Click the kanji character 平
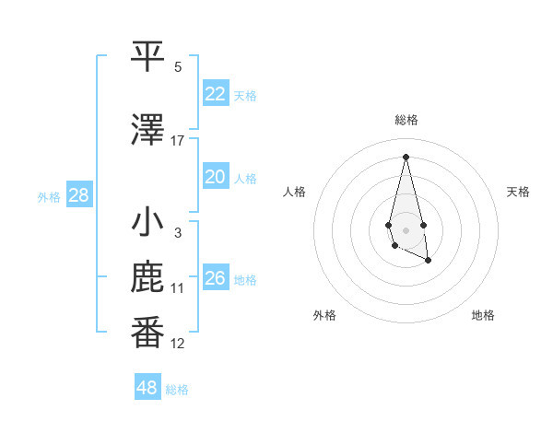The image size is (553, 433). tap(148, 57)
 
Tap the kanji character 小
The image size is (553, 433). tap(148, 223)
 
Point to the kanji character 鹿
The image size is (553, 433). tap(148, 279)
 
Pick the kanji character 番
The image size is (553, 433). tap(148, 334)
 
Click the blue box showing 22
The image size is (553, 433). tap(216, 94)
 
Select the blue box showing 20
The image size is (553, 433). tap(216, 177)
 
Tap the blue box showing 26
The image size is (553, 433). tap(216, 278)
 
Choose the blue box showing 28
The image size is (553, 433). tap(78, 195)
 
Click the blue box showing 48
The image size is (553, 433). tap(147, 388)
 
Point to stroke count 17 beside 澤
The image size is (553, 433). tap(178, 141)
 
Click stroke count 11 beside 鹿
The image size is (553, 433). tap(178, 288)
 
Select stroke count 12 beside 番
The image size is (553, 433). tap(178, 344)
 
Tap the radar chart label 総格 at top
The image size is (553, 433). tap(406, 120)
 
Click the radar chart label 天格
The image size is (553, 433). tap(519, 192)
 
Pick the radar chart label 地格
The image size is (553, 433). tap(483, 315)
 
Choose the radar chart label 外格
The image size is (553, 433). tap(324, 315)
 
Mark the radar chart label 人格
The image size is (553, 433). tap(295, 192)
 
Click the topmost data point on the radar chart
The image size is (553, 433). tap(406, 156)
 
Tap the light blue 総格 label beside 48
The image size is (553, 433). tap(177, 390)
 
